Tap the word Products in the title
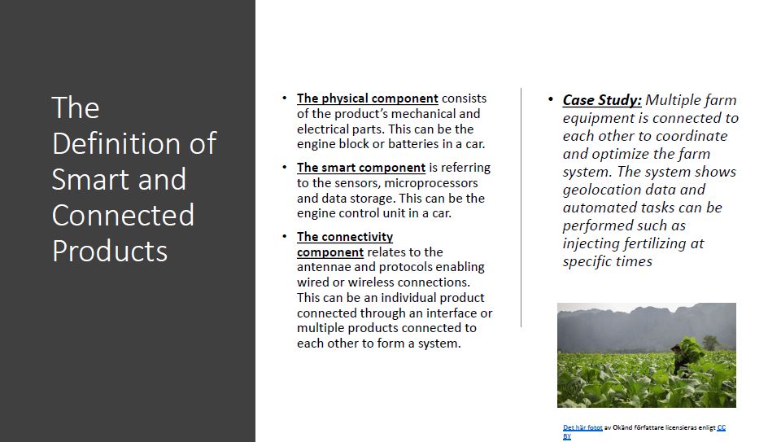pyautogui.click(x=110, y=251)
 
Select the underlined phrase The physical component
pyautogui.click(x=368, y=98)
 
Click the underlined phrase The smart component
pyautogui.click(x=361, y=168)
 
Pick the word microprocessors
pyautogui.click(x=438, y=183)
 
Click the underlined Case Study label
pyautogui.click(x=602, y=100)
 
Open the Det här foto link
pyautogui.click(x=582, y=427)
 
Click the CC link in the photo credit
pyautogui.click(x=721, y=427)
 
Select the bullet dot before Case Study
pyautogui.click(x=551, y=99)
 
